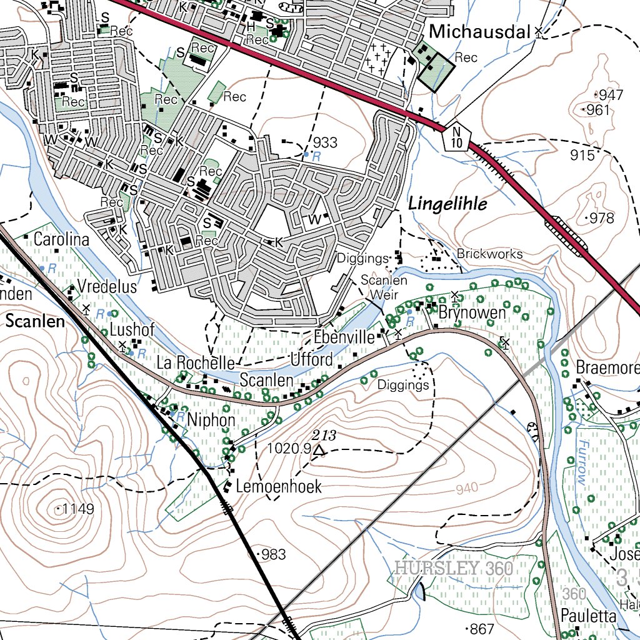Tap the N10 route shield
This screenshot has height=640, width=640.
457,137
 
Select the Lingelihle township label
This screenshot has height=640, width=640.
447,204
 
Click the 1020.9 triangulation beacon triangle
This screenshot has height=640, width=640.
319,450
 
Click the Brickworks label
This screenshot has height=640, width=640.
489,254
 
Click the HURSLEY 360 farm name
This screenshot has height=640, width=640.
454,569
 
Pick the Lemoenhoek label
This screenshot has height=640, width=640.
279,487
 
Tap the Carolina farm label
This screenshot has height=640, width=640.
61,239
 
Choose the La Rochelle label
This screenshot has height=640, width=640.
195,363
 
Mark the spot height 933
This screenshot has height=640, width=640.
325,142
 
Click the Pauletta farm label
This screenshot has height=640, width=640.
587,616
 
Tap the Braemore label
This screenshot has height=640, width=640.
606,367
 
